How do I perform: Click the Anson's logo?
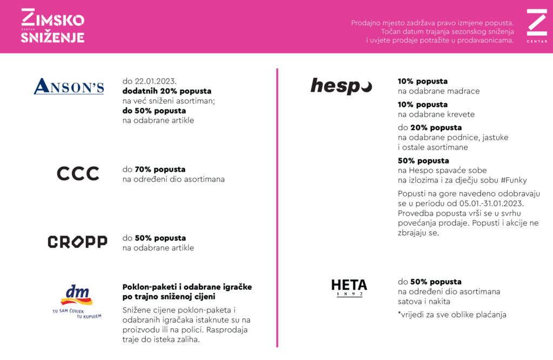pos(69,86)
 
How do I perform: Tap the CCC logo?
pos(78,173)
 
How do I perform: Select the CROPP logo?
pos(77,242)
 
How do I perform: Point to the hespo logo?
pos(341,86)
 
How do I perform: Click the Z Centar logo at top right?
pos(537,25)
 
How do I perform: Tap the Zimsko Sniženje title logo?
pos(52,26)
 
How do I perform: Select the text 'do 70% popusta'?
pos(154,169)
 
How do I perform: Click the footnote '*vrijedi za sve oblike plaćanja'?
pos(452,315)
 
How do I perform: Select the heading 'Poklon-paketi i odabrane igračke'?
pos(187,287)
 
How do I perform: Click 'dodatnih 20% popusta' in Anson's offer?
pos(167,91)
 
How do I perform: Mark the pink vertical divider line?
pos(277,207)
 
